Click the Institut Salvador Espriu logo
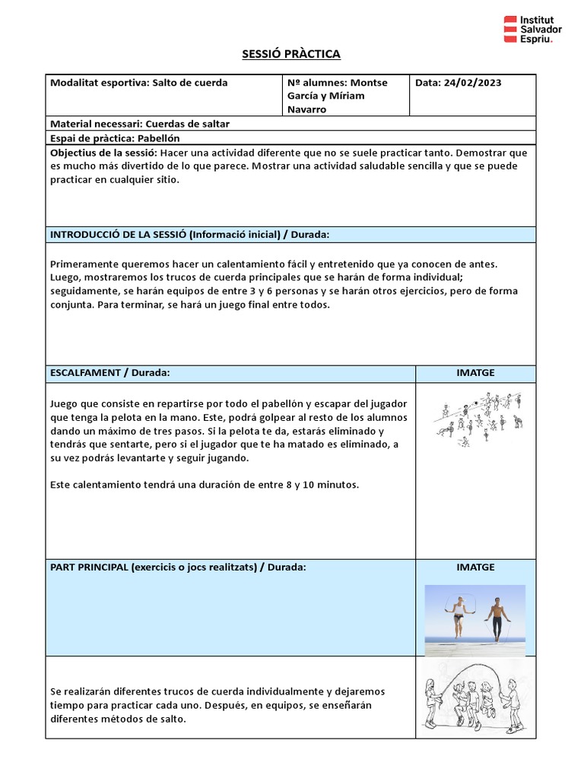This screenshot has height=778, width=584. coord(532,29)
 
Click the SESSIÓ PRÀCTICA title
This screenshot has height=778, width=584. coord(291,54)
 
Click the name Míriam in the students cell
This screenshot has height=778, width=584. coord(346,96)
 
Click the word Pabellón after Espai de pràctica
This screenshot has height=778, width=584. coord(159,138)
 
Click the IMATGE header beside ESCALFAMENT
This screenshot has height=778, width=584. coord(475,373)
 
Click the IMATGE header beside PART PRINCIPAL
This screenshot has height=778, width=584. coord(475,567)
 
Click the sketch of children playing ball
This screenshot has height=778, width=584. coord(478,418)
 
